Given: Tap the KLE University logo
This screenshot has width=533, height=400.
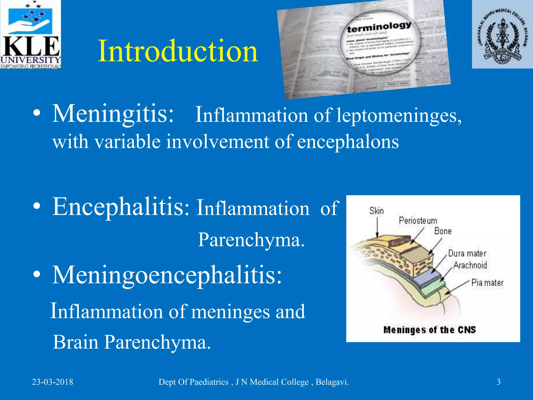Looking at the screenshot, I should [x=30, y=34].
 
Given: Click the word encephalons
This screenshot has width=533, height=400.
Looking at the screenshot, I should [x=348, y=142].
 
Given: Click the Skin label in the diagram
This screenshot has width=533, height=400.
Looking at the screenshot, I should [x=376, y=211].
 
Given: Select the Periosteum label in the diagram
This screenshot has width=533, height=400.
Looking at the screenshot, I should [x=418, y=221].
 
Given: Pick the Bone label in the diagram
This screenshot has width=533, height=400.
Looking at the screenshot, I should [x=443, y=231].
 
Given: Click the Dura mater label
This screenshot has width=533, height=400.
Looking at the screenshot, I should [x=467, y=253].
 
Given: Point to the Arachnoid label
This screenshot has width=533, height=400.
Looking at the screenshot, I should [x=470, y=265].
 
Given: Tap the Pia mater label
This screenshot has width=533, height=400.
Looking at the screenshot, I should [x=487, y=283].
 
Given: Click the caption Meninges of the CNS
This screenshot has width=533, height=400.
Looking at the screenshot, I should [x=429, y=330].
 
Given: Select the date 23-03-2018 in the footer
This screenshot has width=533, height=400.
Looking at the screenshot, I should [x=53, y=382].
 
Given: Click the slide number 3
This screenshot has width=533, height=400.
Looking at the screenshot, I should [x=498, y=382].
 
